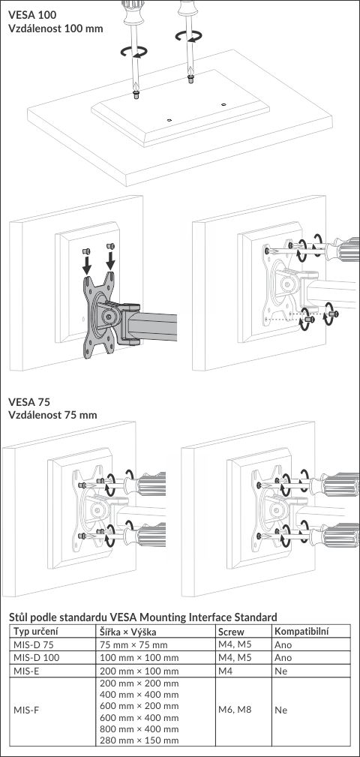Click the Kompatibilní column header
click(298, 632)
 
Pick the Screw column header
click(231, 632)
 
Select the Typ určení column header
click(36, 632)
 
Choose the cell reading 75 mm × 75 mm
click(133, 645)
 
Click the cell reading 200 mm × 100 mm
click(139, 671)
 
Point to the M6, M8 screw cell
click(235, 710)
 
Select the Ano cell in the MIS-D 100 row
click(283, 658)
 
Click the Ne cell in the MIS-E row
click(280, 671)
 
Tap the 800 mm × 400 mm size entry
click(139, 729)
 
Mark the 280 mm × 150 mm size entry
click(139, 740)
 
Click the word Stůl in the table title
click(19, 617)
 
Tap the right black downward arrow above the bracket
click(110, 260)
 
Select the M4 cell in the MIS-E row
click(225, 671)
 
